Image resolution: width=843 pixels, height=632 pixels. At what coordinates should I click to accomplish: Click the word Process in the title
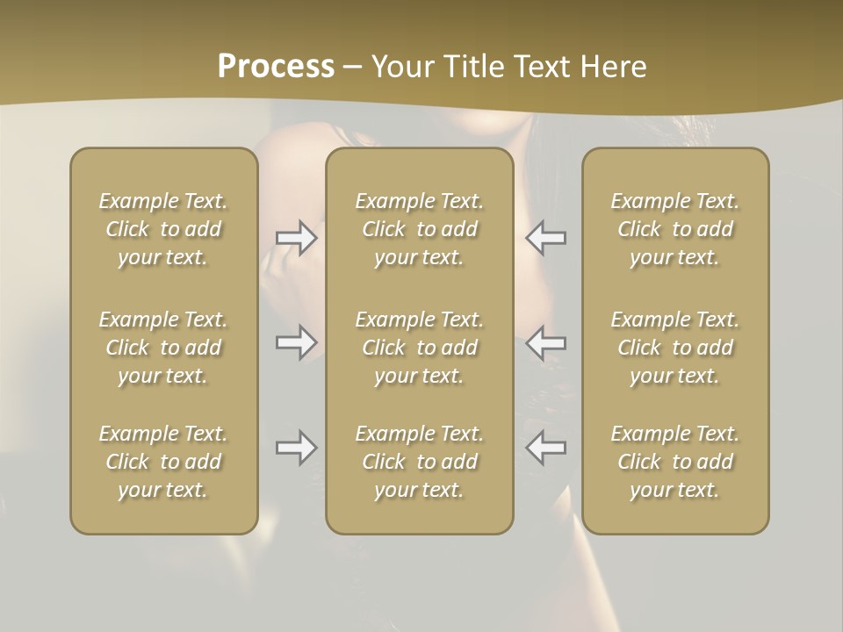(276, 67)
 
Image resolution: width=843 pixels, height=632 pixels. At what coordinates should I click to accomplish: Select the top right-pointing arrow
(296, 238)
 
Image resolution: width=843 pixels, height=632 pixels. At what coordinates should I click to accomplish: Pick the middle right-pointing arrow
(296, 342)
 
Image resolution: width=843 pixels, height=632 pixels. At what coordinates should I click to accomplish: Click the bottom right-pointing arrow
(296, 448)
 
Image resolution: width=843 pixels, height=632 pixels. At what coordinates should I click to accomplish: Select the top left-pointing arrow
(546, 238)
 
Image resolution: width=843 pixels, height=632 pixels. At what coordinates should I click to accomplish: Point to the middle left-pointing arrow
(546, 342)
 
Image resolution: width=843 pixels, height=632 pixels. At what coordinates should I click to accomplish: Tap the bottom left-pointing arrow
(546, 448)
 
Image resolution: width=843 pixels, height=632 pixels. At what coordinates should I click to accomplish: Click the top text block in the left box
(163, 229)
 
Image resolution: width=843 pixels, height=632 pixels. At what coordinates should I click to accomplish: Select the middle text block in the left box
(163, 348)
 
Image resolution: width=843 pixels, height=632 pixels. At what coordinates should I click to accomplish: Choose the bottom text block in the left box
(163, 462)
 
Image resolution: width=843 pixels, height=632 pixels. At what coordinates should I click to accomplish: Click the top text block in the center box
(420, 229)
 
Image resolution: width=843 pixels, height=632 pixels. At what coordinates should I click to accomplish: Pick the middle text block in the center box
(420, 348)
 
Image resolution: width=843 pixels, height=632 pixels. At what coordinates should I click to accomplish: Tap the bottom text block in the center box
(420, 462)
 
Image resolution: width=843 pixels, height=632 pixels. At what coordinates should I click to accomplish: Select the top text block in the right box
(675, 229)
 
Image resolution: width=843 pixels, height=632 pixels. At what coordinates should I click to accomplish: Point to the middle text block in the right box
(675, 348)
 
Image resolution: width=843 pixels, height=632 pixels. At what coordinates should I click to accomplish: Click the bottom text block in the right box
(675, 462)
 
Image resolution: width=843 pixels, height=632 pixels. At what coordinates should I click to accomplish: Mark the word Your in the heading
(400, 67)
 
